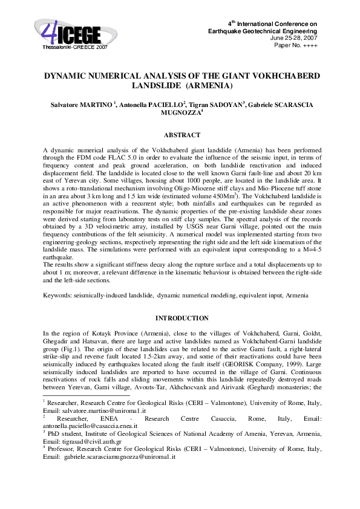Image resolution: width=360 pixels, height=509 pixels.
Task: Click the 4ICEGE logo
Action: coord(70,31)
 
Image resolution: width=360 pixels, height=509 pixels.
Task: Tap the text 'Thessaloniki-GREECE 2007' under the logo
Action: coord(75,46)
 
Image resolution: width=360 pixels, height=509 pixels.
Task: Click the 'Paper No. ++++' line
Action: coord(296,45)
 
